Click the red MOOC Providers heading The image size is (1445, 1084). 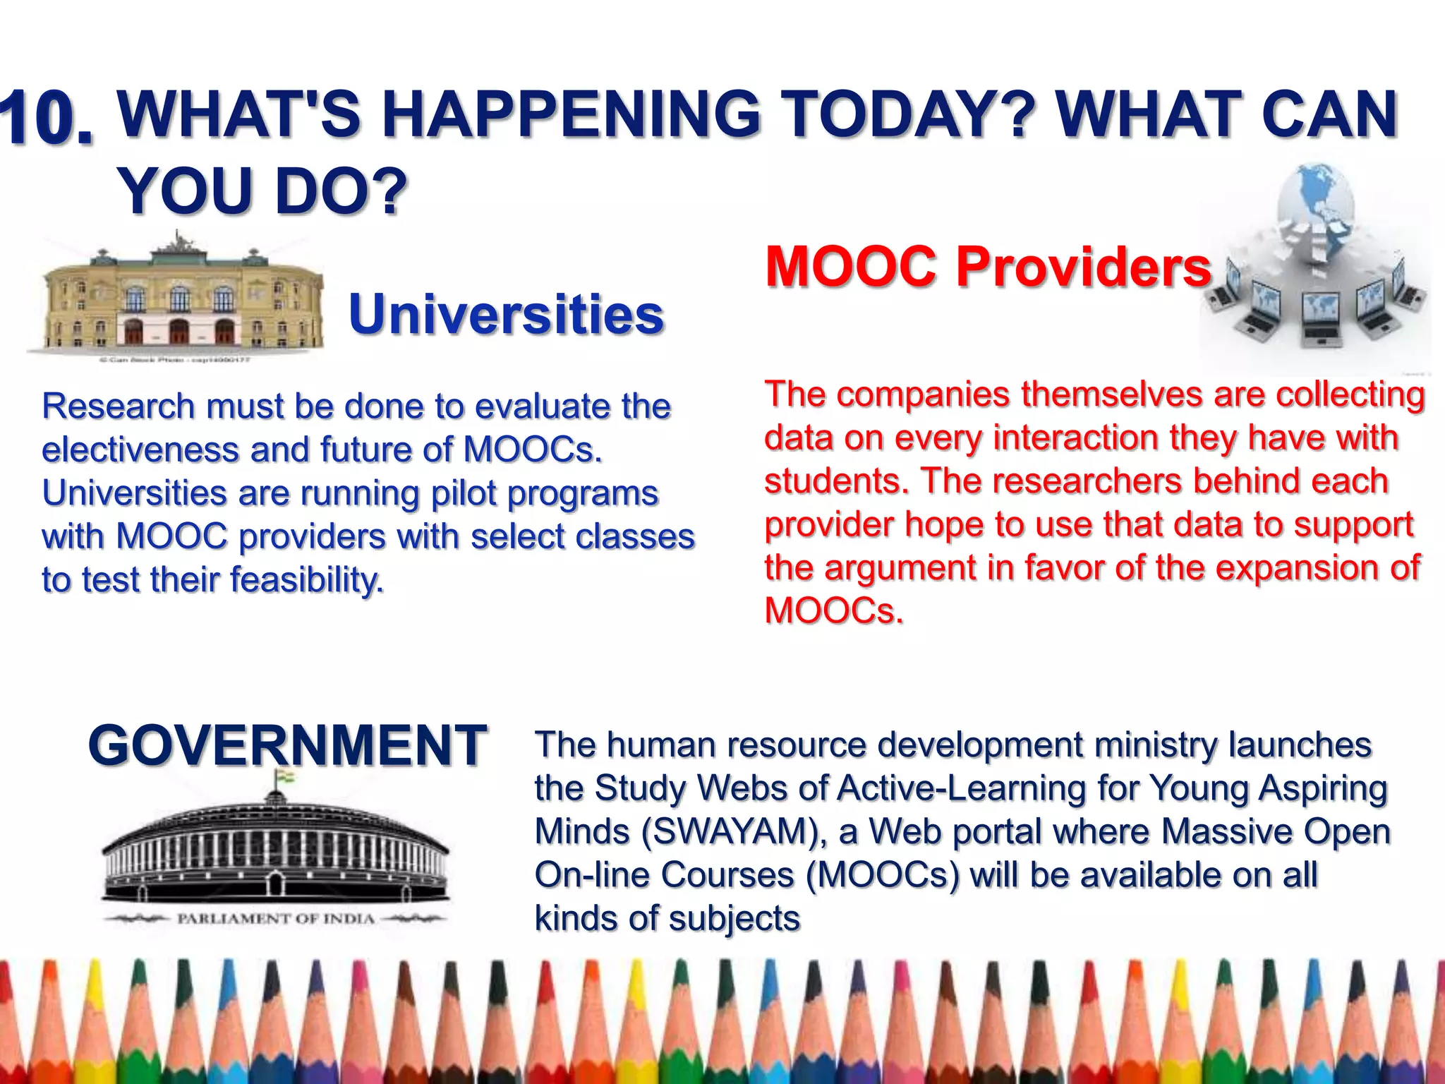coord(988,266)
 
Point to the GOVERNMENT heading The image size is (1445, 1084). coord(287,745)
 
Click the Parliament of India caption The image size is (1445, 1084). coord(275,919)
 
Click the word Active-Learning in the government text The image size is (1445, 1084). coord(961,788)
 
